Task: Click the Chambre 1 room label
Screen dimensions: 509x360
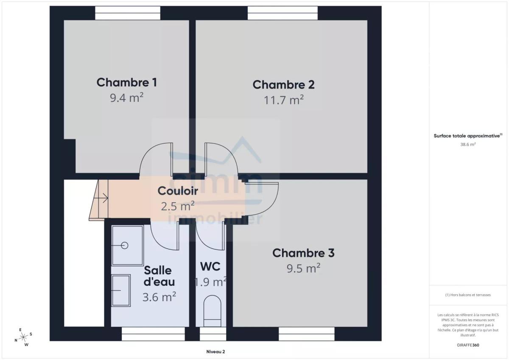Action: click(x=126, y=82)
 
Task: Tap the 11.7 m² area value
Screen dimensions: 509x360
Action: click(x=284, y=100)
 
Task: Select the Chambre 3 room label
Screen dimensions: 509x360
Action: click(x=303, y=253)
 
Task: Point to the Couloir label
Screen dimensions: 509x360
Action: click(x=178, y=191)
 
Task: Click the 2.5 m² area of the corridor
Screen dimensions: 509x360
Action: click(x=178, y=206)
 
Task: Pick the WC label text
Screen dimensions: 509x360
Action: click(x=210, y=266)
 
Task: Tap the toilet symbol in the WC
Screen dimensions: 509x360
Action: click(x=212, y=311)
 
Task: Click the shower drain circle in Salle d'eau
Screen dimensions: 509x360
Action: click(x=125, y=246)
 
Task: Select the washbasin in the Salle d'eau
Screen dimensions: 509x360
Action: click(x=121, y=290)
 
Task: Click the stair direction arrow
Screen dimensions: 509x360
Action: click(x=101, y=198)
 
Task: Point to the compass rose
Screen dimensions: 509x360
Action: click(x=23, y=337)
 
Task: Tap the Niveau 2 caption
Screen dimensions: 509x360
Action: click(x=215, y=352)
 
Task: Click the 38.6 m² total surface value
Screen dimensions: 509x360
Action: click(x=468, y=145)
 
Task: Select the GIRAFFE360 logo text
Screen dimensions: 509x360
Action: click(x=468, y=345)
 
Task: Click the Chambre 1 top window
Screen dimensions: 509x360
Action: click(x=128, y=13)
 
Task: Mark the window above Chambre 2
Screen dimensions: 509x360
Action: click(x=282, y=13)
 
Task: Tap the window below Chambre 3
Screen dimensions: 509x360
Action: click(x=307, y=334)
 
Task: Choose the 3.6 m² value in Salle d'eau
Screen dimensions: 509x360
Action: click(x=159, y=297)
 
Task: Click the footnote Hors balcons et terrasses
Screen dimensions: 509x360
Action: click(x=468, y=295)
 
